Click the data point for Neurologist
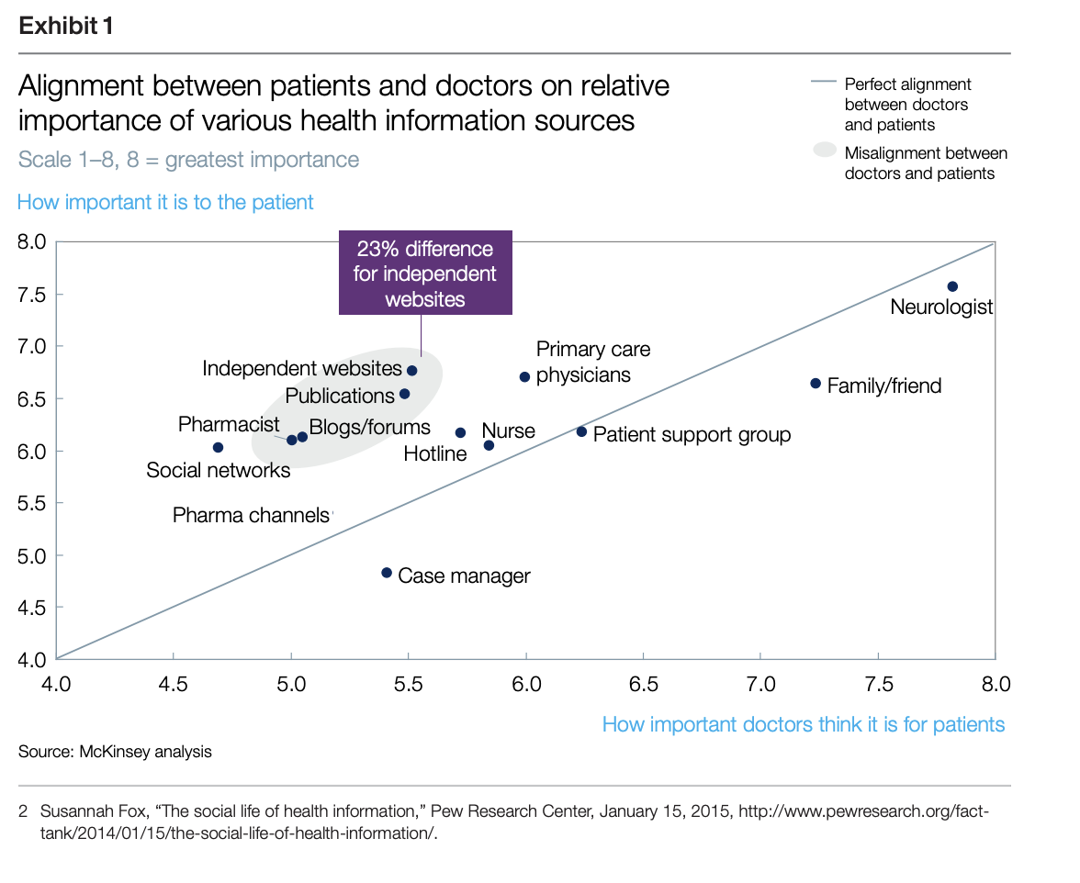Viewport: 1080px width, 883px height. click(x=952, y=287)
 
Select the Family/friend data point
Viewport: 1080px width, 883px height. click(x=816, y=384)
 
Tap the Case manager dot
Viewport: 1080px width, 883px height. click(x=387, y=573)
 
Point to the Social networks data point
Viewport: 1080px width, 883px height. click(x=218, y=448)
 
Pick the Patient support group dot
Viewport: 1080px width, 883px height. click(x=581, y=431)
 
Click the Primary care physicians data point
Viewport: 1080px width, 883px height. click(x=524, y=377)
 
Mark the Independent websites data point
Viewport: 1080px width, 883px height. click(x=412, y=371)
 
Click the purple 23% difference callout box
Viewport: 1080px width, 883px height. click(x=425, y=274)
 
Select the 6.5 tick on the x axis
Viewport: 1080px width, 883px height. click(x=644, y=684)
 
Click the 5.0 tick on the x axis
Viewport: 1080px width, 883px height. click(x=291, y=684)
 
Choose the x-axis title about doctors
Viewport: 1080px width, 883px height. click(x=804, y=725)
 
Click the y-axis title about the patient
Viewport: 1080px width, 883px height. click(x=165, y=202)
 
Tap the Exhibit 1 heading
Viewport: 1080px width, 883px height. click(x=66, y=27)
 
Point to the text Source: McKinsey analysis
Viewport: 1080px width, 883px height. click(x=115, y=752)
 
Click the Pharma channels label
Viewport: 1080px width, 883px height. click(x=251, y=516)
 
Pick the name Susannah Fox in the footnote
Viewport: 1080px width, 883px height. click(x=84, y=812)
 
